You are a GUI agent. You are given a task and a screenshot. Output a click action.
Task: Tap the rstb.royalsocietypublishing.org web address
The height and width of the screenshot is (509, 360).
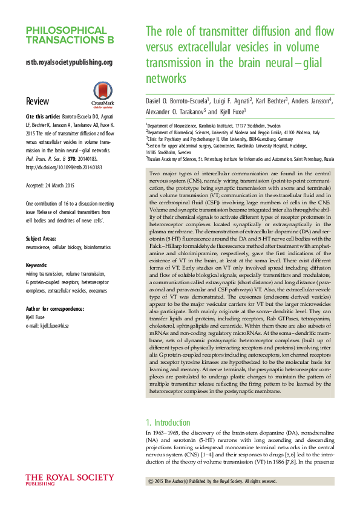[69, 62]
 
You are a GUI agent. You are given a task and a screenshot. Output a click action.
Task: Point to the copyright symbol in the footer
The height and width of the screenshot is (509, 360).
[151, 481]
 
